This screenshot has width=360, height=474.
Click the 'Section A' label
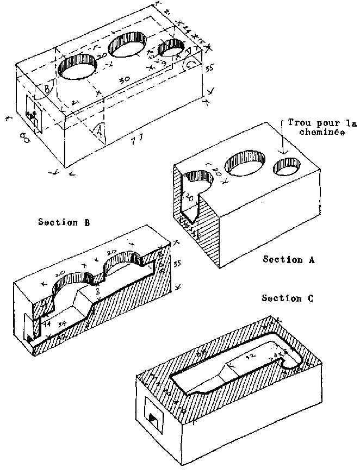pyautogui.click(x=290, y=260)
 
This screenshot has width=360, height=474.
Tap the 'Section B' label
pyautogui.click(x=64, y=222)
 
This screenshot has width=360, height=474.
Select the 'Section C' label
pyautogui.click(x=289, y=298)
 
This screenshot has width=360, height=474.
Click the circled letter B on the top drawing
pyautogui.click(x=47, y=88)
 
